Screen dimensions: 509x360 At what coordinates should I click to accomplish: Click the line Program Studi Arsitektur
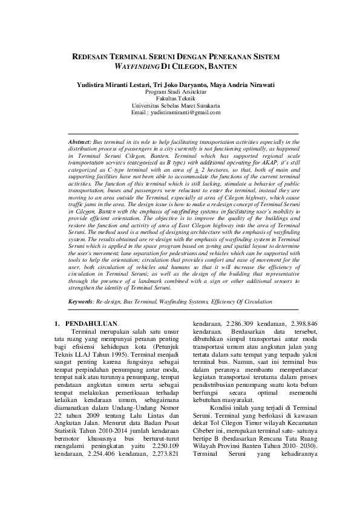pos(180,92)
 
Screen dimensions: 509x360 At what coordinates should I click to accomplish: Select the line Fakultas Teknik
pos(180,99)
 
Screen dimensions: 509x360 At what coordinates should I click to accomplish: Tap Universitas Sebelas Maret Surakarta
pos(180,105)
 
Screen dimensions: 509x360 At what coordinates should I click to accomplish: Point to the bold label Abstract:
pos(80,140)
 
